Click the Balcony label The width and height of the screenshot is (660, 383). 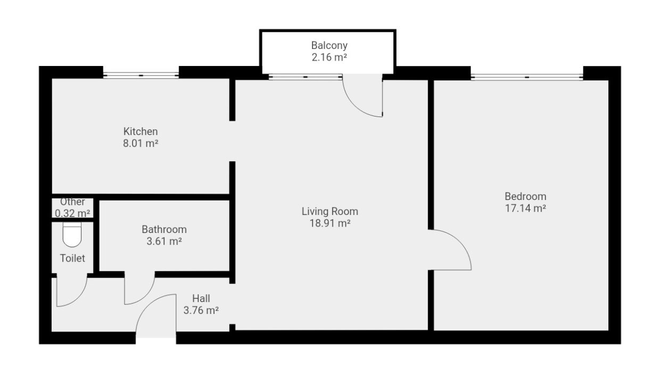tap(329, 46)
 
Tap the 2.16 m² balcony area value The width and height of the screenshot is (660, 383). tap(329, 57)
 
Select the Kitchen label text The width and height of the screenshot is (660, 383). tap(141, 131)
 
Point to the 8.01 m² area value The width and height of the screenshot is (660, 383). tap(141, 143)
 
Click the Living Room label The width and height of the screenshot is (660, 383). tap(329, 212)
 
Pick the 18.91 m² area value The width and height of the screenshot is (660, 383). tap(329, 223)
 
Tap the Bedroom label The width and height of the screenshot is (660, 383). tap(525, 196)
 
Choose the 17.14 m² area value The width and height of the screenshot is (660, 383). tap(525, 208)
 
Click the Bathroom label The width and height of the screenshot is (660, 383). tap(164, 230)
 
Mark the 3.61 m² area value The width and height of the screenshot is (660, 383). tap(164, 242)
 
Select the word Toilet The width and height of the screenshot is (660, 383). tap(72, 259)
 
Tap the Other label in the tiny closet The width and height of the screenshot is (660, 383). tap(72, 202)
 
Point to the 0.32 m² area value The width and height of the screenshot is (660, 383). tap(72, 213)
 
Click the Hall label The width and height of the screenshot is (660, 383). tap(201, 299)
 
